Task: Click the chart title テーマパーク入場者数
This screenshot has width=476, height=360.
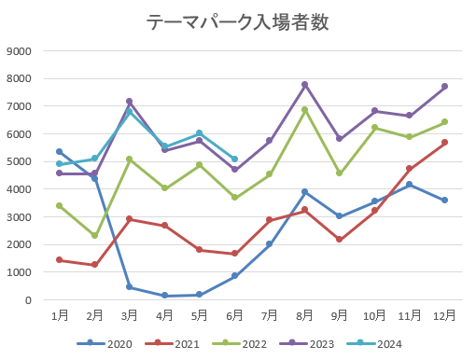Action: (238, 22)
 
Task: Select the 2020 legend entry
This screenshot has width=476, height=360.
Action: (105, 344)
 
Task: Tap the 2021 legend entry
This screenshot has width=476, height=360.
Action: (172, 344)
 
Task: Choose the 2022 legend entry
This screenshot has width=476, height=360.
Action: (240, 344)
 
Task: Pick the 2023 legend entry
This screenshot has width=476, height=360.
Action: (307, 344)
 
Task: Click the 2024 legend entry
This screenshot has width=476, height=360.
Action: (374, 344)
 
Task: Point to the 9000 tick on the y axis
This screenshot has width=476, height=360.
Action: (19, 51)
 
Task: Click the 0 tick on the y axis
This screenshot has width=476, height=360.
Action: (28, 300)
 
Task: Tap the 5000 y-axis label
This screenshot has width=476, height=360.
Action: (19, 161)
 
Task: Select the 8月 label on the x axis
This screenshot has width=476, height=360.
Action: (304, 315)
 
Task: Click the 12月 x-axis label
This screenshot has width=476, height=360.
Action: (444, 315)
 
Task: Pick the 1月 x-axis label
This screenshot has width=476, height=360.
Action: (60, 315)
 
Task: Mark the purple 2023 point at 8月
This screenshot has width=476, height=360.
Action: (304, 85)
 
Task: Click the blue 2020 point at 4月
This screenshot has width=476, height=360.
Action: (164, 296)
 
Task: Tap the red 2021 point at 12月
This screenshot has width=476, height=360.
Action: (444, 143)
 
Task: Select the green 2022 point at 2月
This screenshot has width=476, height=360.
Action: (94, 235)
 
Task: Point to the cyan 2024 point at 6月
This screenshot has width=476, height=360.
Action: (234, 159)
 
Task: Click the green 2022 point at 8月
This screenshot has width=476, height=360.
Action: (304, 110)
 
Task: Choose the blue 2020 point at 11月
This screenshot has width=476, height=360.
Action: (410, 185)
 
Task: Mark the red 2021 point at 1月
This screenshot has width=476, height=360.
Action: (60, 260)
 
